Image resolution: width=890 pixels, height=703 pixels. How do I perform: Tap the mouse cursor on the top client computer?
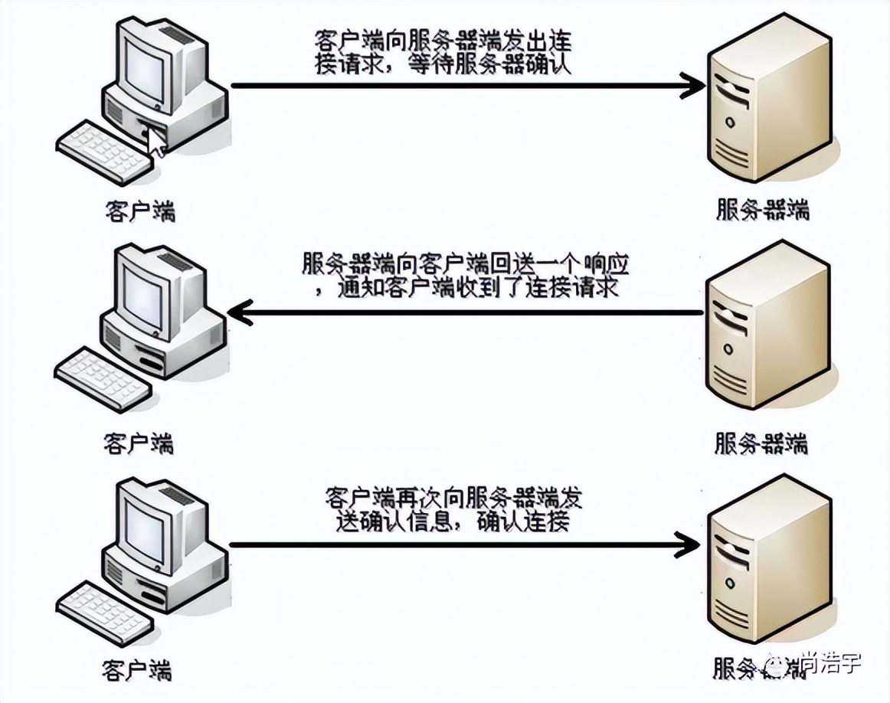coord(156,142)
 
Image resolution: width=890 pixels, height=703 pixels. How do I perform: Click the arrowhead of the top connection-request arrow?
coord(693,86)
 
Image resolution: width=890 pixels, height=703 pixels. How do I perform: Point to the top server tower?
coord(768,100)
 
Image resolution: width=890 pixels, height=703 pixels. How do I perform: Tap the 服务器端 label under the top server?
coord(763,209)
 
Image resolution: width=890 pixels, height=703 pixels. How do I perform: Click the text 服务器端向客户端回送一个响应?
coord(465,264)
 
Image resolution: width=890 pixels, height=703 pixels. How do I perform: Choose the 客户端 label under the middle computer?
coord(139,443)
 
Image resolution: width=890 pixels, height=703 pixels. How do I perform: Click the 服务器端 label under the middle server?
coord(761,443)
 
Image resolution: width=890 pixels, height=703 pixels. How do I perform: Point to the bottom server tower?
coord(768,559)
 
